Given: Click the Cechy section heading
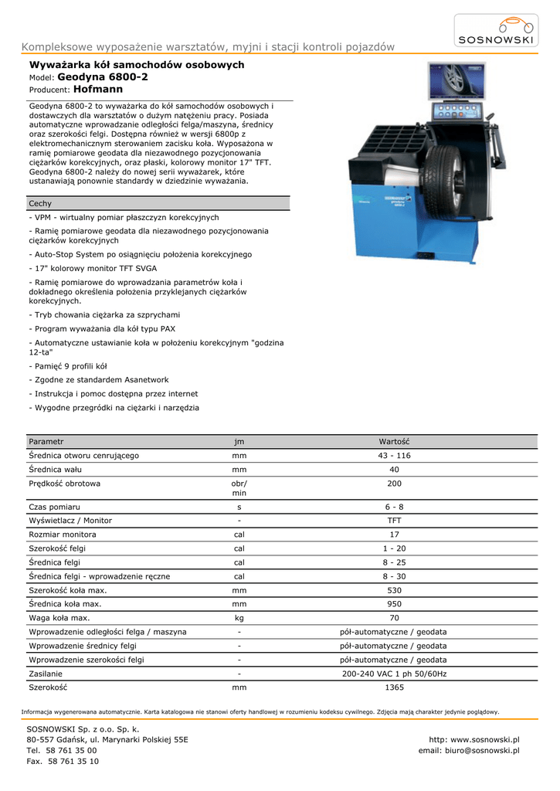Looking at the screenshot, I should pos(40,203).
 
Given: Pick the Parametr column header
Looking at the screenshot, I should pos(46,441).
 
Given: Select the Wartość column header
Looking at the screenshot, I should pos(394,441).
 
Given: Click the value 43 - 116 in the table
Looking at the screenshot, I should pos(394,456).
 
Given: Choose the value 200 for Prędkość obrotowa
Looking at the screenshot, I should pos(394,484).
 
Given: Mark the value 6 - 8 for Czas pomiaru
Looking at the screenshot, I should pos(394,507).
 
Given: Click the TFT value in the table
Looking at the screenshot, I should pos(394,521).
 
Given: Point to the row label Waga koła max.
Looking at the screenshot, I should pos(59,618).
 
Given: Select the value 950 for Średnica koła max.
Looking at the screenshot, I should pos(394,604).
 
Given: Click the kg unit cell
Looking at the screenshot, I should pos(239,618).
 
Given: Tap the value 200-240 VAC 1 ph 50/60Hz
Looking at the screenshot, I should pos(394,674).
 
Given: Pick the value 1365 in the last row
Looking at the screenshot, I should pos(394,687).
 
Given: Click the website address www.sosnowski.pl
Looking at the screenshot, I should pos(485,739).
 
